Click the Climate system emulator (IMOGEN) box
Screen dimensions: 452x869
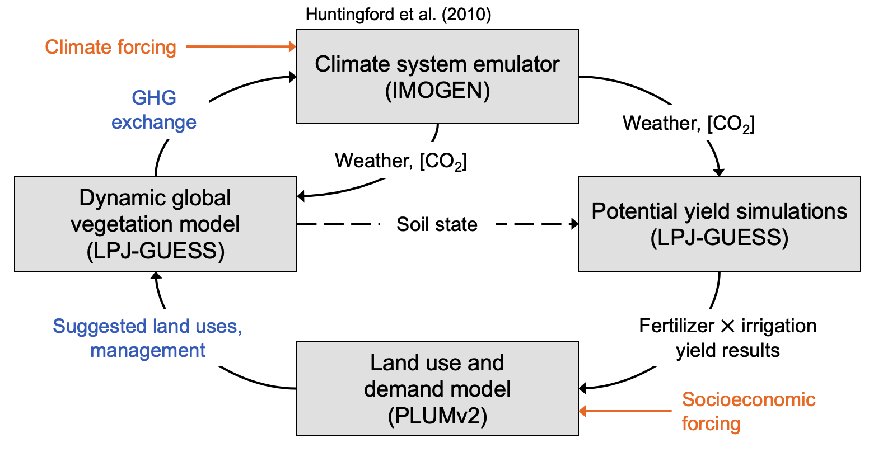click(437, 77)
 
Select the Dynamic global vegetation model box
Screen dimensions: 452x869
click(155, 224)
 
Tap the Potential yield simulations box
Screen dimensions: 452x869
click(719, 224)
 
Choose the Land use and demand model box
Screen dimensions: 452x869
click(437, 389)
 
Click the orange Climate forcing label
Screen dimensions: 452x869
click(111, 47)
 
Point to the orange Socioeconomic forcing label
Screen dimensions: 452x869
click(748, 411)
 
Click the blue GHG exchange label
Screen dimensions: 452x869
click(154, 110)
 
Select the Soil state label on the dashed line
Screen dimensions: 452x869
click(437, 224)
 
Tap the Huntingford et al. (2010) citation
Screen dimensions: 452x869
click(398, 14)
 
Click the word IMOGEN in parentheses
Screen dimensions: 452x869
click(437, 91)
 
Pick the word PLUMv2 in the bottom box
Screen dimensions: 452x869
click(437, 416)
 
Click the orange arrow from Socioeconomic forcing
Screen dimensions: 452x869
click(624, 411)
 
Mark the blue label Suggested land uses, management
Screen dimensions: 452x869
click(148, 338)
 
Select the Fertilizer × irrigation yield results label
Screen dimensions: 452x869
click(727, 338)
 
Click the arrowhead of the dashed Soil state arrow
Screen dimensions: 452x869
click(573, 224)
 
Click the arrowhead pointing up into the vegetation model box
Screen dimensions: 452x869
click(157, 276)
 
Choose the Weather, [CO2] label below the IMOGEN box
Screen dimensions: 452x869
click(401, 161)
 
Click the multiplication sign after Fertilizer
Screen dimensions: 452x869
click(728, 326)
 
